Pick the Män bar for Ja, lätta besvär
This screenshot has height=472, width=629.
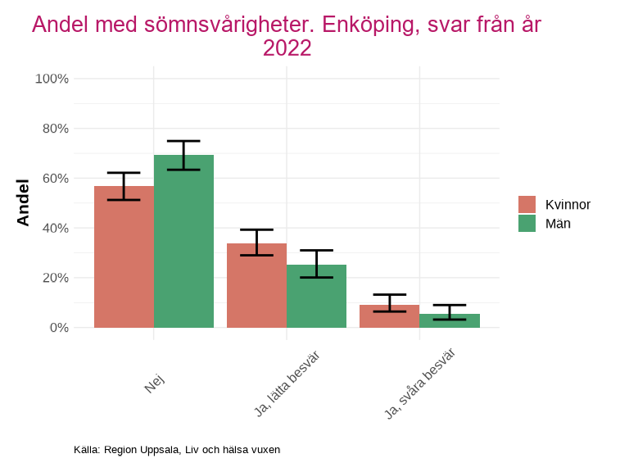coord(316,296)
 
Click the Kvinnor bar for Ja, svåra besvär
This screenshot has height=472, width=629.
coord(389,316)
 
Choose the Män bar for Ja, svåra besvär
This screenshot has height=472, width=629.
coord(449,320)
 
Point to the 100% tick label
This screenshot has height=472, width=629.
coord(52,79)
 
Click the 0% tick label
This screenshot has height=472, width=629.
coord(58,328)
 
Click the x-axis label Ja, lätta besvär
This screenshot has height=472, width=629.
coord(287,383)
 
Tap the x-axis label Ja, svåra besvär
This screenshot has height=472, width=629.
coord(420,383)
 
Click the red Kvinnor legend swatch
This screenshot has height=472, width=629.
coord(527,205)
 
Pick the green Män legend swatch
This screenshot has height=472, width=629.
coord(527,223)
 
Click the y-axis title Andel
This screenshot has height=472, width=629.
coord(23,202)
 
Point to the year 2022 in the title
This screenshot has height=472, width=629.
coord(287,48)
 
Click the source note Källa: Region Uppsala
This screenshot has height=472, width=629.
coord(177,450)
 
